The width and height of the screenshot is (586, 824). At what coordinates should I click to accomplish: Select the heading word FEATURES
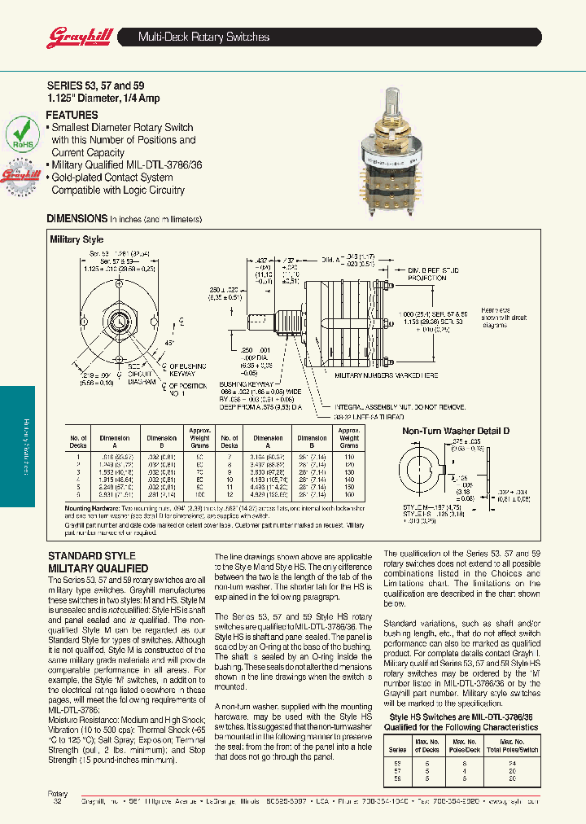72,116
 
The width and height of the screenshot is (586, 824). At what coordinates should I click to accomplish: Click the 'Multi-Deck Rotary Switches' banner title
203,37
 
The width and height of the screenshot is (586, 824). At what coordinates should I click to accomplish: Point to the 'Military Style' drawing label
77,240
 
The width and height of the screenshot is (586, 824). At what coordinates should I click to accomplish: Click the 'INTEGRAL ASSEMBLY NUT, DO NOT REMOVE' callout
399,405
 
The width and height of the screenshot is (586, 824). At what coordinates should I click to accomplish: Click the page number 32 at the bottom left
57,802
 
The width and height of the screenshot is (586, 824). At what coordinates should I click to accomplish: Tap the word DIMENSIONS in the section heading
77,219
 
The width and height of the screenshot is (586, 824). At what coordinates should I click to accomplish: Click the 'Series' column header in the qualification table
398,749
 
